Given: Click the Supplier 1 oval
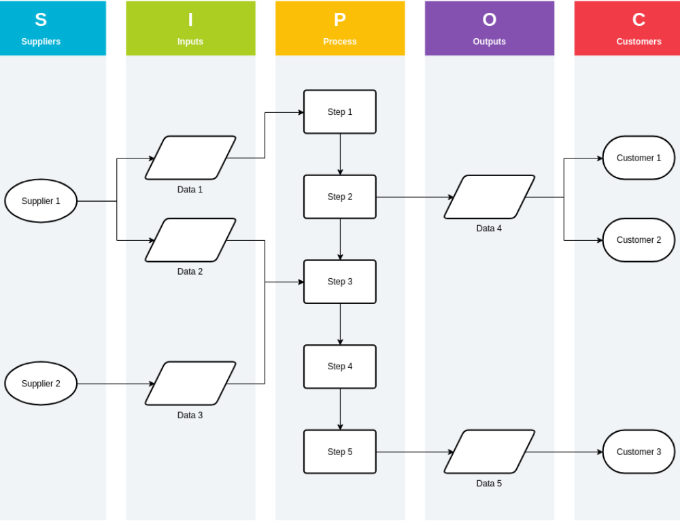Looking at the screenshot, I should click(x=41, y=201).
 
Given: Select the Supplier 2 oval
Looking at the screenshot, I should click(x=41, y=384).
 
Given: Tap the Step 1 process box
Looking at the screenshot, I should click(x=340, y=112).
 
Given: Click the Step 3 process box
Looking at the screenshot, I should click(x=340, y=282).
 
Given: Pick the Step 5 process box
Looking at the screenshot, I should click(x=340, y=452).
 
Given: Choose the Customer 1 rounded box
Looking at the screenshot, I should click(x=639, y=158).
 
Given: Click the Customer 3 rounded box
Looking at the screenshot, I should click(x=639, y=452).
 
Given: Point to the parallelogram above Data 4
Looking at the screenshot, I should click(x=490, y=197).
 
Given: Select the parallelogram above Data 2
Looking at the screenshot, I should click(x=190, y=240).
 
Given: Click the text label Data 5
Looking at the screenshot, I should click(x=489, y=484).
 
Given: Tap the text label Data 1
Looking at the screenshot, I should click(x=190, y=190).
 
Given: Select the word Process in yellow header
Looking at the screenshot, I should click(x=340, y=41).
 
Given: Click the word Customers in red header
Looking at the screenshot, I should click(x=639, y=41).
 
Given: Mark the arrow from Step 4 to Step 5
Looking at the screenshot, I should click(x=340, y=409).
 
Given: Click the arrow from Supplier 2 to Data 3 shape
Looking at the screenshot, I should click(x=116, y=384).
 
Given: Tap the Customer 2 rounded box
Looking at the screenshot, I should click(x=639, y=240).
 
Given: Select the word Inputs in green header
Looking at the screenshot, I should click(x=190, y=41).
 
